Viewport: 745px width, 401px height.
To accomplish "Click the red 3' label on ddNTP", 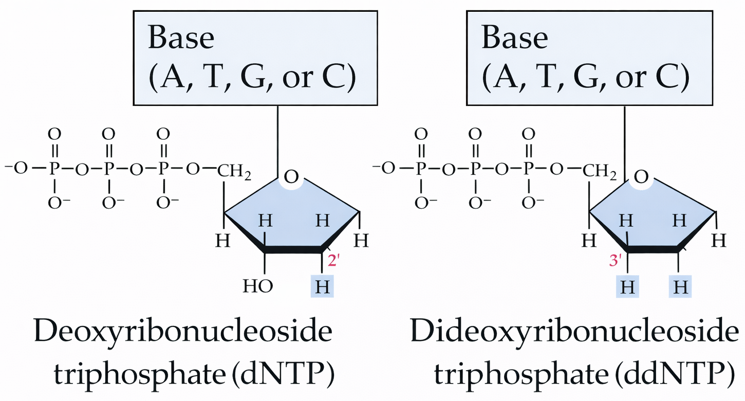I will (x=616, y=261).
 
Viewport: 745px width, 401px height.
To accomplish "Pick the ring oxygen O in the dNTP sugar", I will (x=291, y=178).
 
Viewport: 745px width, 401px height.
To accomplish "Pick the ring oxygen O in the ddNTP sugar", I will (x=641, y=178).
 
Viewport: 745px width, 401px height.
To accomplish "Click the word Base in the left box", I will (x=181, y=39).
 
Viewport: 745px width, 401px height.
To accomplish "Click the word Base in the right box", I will (x=515, y=39).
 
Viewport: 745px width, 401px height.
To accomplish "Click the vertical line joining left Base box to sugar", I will (x=277, y=139).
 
